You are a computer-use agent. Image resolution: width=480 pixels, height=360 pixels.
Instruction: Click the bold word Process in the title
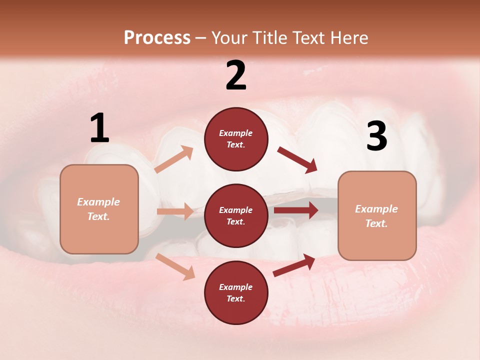tap(157, 38)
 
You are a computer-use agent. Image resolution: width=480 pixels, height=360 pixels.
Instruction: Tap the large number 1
tap(99, 128)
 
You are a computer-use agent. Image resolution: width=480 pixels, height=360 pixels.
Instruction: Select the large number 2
tap(236, 75)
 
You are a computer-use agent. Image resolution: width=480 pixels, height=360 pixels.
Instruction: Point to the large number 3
tap(376, 136)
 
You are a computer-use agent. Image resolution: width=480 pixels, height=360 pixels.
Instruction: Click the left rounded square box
tap(99, 209)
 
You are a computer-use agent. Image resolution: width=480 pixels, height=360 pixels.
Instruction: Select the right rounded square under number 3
tap(377, 215)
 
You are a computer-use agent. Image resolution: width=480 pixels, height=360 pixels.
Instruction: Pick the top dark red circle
tap(236, 139)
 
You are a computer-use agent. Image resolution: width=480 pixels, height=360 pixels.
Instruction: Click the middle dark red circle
tap(236, 215)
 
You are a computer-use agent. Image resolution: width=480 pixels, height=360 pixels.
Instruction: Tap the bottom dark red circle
tap(236, 292)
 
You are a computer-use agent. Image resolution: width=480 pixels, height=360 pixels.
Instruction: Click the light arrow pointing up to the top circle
tap(174, 159)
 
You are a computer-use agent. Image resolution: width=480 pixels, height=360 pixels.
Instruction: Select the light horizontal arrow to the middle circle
tap(175, 211)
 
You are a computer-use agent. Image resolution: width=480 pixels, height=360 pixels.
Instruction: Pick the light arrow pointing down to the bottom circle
tap(175, 266)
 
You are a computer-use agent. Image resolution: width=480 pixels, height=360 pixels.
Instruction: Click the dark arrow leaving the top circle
tap(297, 160)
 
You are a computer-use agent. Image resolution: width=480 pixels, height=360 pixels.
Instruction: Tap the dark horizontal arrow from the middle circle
tap(296, 210)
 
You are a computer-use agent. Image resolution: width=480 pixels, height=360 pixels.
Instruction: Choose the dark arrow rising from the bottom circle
tap(294, 265)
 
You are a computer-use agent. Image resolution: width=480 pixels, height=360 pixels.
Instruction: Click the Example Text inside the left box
tap(99, 209)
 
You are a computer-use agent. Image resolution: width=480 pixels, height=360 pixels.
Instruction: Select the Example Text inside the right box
tap(377, 215)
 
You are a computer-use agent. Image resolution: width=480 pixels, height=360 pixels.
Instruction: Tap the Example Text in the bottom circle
tap(236, 292)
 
